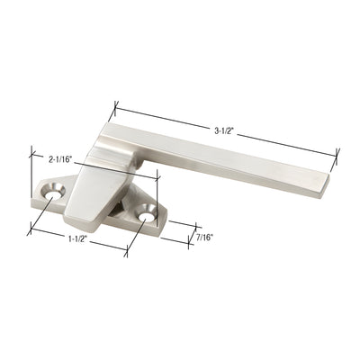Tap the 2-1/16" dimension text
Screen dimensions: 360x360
click(65, 157)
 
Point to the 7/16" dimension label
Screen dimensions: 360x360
click(205, 239)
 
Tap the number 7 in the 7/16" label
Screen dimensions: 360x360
click(197, 238)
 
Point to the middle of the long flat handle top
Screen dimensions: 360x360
click(225, 153)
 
